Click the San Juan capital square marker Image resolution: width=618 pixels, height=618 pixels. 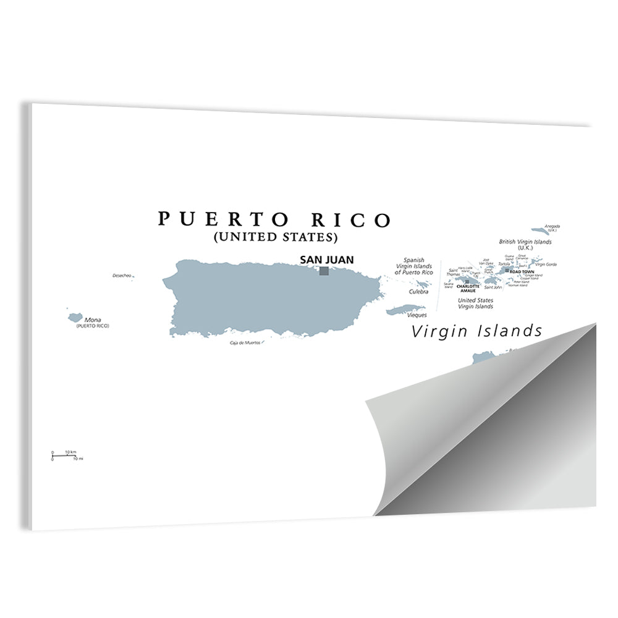pyautogui.click(x=324, y=271)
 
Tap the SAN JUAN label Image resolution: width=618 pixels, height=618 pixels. pyautogui.click(x=327, y=260)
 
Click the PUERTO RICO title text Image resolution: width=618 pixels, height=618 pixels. pyautogui.click(x=274, y=220)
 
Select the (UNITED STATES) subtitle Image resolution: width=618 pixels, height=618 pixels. pyautogui.click(x=275, y=237)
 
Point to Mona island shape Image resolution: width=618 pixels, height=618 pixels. pyautogui.click(x=75, y=317)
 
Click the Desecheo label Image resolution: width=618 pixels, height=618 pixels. pyautogui.click(x=122, y=276)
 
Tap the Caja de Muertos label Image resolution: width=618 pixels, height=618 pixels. pyautogui.click(x=245, y=342)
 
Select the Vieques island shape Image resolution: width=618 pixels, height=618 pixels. pyautogui.click(x=406, y=310)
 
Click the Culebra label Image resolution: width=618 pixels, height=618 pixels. pyautogui.click(x=418, y=292)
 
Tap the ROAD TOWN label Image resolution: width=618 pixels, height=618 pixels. pyautogui.click(x=522, y=272)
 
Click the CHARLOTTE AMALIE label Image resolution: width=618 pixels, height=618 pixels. pyautogui.click(x=468, y=288)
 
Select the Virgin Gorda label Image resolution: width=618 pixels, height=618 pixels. pyautogui.click(x=546, y=265)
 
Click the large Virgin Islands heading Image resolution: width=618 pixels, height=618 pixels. pyautogui.click(x=476, y=331)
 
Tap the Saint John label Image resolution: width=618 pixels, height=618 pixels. pyautogui.click(x=493, y=287)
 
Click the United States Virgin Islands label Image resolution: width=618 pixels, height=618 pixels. pyautogui.click(x=475, y=303)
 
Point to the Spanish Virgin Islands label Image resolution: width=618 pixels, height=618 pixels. pyautogui.click(x=414, y=266)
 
